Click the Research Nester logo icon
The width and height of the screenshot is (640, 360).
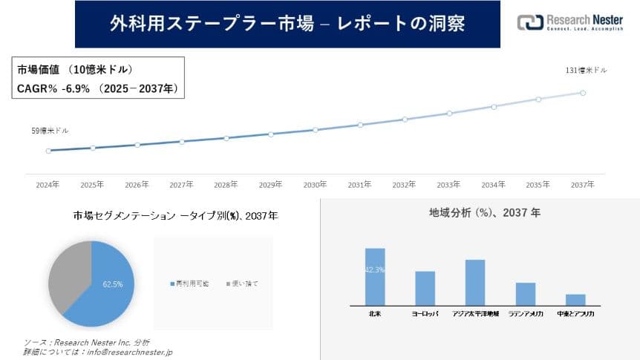530,22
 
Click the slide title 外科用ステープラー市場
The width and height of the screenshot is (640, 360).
287,24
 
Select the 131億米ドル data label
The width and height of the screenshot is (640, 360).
587,71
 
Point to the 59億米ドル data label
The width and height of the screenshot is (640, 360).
50,131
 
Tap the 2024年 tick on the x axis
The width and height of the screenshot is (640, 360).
48,184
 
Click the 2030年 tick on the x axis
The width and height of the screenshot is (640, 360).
315,184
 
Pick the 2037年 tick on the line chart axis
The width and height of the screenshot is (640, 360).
583,184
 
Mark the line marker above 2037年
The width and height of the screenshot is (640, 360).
583,93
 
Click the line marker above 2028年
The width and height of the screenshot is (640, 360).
226,138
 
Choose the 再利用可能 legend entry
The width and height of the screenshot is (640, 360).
192,284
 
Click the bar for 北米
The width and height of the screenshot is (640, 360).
375,276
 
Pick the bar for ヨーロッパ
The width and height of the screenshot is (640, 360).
425,288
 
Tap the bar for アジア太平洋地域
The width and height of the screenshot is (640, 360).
475,282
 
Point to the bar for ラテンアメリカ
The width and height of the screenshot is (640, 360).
526,293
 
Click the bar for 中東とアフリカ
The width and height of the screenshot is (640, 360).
575,299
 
